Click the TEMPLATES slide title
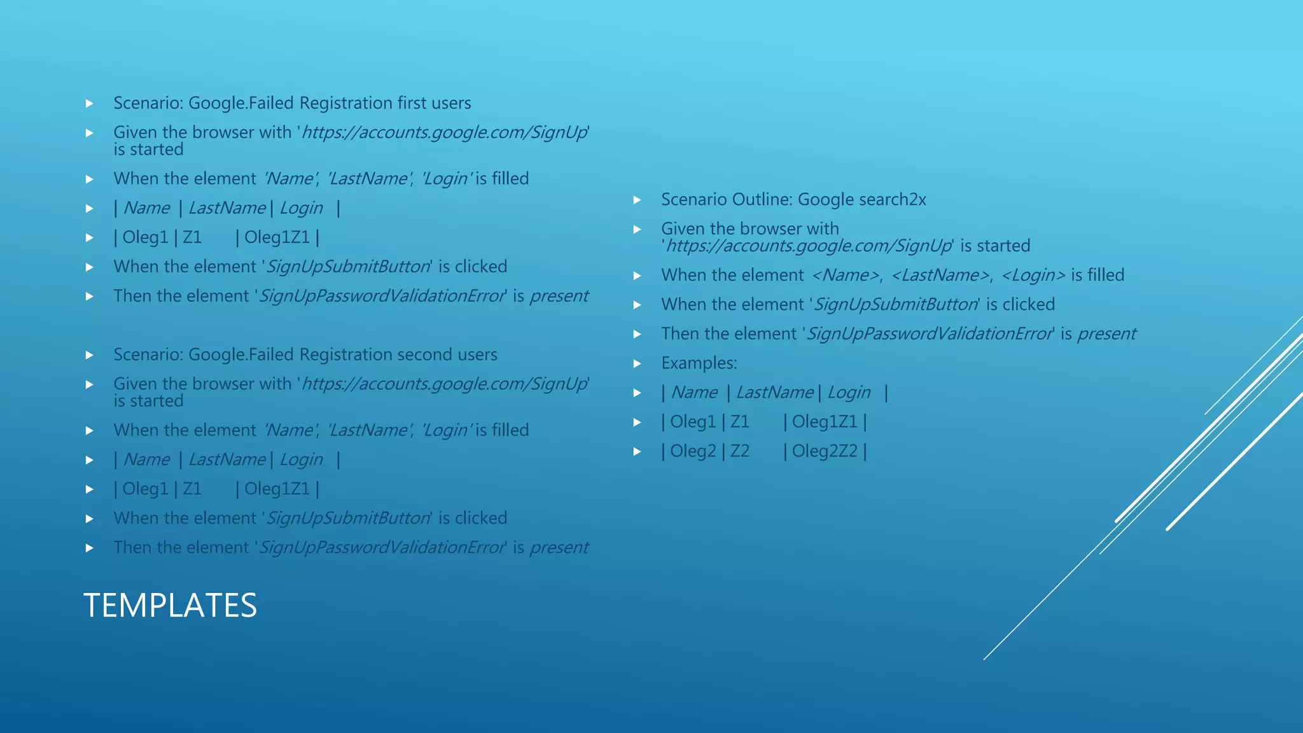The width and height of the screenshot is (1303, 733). coord(170,605)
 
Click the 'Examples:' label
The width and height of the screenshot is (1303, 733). coord(699,363)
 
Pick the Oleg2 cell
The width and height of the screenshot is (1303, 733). coord(693,451)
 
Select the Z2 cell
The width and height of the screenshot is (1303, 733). coord(739,451)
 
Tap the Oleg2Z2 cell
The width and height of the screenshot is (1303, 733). coord(825,451)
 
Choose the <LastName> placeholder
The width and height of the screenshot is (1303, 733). coord(940,276)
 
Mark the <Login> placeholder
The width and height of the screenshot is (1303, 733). coord(1033,276)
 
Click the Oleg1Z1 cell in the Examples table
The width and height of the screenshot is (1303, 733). coord(825,422)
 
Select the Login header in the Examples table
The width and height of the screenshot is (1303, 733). coord(849,393)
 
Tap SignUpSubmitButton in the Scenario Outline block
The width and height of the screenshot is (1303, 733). coord(896,305)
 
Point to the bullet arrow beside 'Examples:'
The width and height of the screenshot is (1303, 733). coord(637,364)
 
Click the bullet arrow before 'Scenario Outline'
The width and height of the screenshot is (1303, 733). coord(637,200)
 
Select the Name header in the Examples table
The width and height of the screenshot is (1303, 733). coord(694,393)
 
